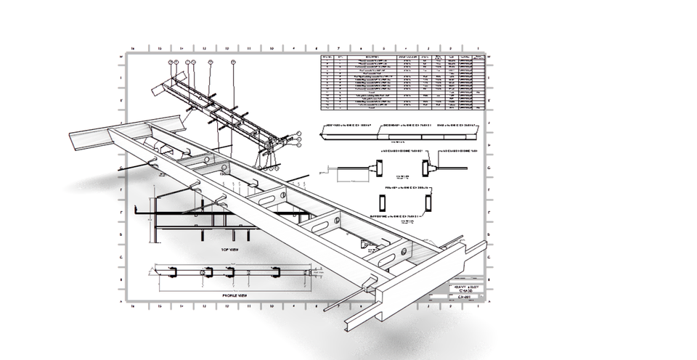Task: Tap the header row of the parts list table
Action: coord(402,57)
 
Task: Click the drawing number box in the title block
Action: coord(455,296)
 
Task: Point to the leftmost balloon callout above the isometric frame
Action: coord(172,63)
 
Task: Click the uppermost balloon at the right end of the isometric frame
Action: coord(298,134)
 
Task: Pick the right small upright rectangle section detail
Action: coord(428,202)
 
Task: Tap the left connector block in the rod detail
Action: coord(379,167)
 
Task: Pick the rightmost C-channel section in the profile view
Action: coord(277,272)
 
